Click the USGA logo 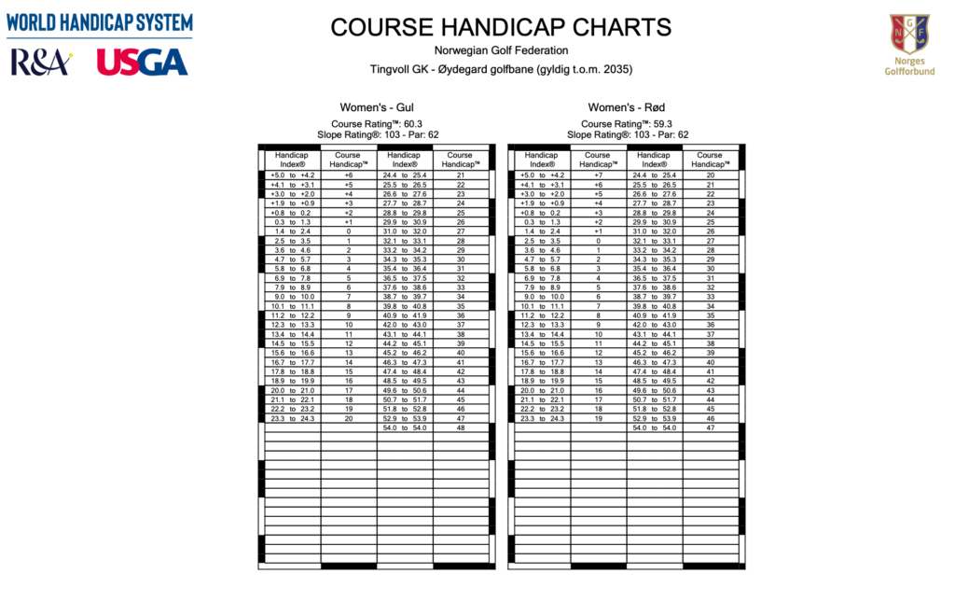142,62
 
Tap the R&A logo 40,62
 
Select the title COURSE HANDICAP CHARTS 501,27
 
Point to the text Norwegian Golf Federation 501,50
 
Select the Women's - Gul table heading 378,108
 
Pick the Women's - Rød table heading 627,108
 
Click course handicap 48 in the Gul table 461,428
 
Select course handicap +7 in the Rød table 598,175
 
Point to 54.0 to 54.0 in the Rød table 654,428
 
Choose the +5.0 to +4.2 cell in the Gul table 293,175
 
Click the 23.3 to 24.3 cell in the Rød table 542,419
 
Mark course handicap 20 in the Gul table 349,419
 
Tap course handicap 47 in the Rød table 710,428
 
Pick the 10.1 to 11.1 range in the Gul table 293,306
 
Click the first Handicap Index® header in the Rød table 542,160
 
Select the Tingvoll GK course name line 501,69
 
